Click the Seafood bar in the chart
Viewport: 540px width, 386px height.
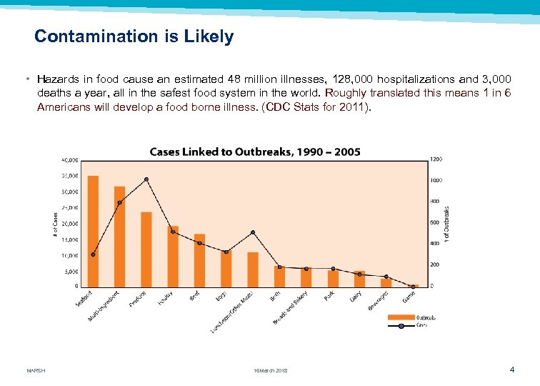(x=93, y=230)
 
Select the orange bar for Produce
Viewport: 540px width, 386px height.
(x=146, y=249)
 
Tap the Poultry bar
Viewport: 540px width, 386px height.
(x=173, y=256)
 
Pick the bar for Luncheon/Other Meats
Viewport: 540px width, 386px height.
(x=253, y=269)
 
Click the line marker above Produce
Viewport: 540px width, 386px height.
(x=146, y=179)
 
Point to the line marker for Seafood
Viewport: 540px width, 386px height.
(x=93, y=254)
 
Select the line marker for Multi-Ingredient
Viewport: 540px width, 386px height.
(x=120, y=202)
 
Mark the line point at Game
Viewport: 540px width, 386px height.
(x=413, y=287)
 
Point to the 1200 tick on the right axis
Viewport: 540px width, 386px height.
(x=436, y=159)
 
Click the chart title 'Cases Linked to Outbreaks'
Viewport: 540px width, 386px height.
(x=255, y=152)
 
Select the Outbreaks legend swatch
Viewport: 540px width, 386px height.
(x=400, y=317)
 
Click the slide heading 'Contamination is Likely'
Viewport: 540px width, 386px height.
(x=134, y=36)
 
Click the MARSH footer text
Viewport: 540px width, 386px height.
(x=36, y=370)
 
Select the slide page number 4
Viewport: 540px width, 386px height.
(x=512, y=370)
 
